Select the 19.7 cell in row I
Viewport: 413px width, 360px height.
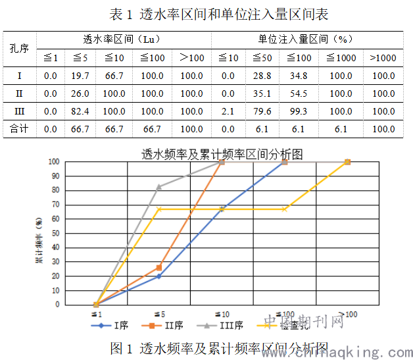[80, 76]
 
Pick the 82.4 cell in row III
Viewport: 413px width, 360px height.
[80, 111]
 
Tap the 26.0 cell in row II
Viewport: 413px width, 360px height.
[80, 93]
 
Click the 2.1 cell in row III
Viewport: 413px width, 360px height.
[228, 111]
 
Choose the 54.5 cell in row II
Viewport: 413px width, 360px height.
[299, 93]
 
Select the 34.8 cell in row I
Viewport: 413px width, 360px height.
[299, 76]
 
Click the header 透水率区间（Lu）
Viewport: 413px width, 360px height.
[124, 39]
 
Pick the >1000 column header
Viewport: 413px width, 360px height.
[383, 58]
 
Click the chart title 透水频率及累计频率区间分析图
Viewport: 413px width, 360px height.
[222, 155]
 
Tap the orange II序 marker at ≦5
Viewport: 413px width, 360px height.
[158, 267]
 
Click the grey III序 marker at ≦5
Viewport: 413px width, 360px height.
[158, 186]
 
